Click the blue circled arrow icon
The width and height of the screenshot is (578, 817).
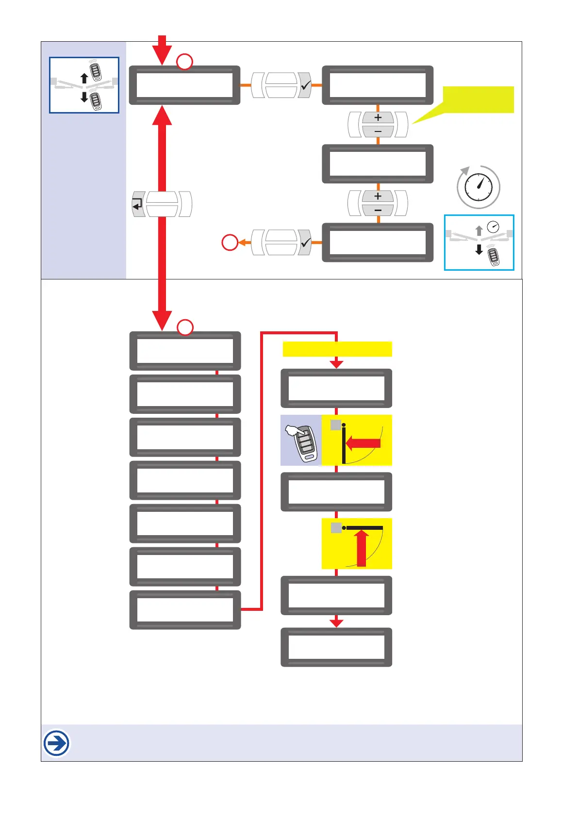(57, 743)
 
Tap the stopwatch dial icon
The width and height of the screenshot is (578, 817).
(479, 187)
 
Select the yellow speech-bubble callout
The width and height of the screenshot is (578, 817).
(478, 100)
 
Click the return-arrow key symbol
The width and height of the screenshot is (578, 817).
(138, 204)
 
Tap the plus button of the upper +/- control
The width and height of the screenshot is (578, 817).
(378, 117)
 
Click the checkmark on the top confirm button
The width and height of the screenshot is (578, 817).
(305, 85)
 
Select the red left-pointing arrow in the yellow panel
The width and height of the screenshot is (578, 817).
(364, 443)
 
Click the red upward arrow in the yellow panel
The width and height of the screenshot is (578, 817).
(362, 548)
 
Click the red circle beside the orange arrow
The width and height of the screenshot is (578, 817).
(230, 242)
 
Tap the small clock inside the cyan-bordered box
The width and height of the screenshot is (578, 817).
(493, 227)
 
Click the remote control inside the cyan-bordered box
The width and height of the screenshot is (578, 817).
(494, 257)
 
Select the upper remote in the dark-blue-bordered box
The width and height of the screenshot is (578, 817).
(96, 71)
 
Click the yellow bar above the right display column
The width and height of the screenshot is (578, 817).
(337, 349)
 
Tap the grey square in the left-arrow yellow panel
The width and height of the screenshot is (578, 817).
(335, 425)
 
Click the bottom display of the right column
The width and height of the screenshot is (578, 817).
(336, 647)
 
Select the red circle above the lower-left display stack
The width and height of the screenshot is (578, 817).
(185, 327)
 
